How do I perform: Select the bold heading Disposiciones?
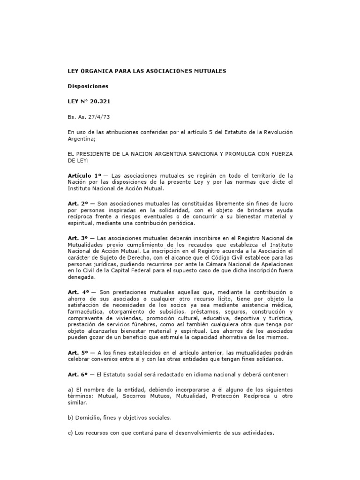pos(88,86)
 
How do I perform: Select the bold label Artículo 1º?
pos(84,174)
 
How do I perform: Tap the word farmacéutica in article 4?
pos(86,311)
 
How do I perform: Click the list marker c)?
pos(71,433)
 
